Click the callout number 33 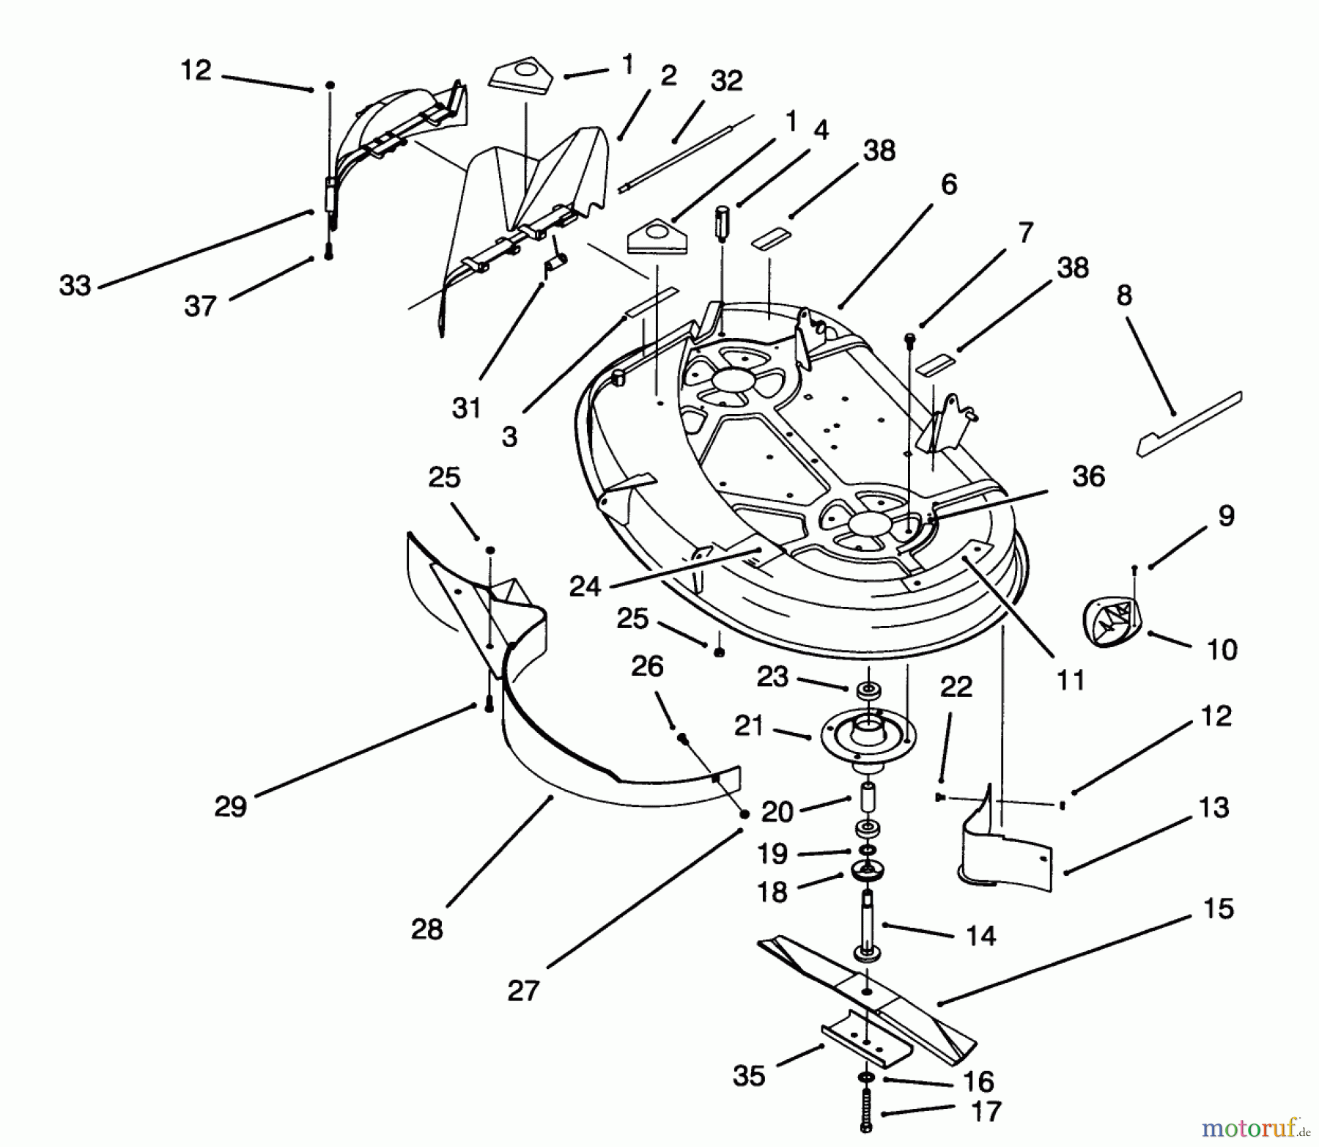[75, 285]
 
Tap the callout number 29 [230, 807]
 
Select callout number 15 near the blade [1218, 909]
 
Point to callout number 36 [1088, 476]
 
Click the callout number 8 [1124, 295]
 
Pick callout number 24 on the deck [585, 586]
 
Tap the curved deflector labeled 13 [1008, 850]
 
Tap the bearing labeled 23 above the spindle [868, 690]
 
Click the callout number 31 [466, 407]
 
